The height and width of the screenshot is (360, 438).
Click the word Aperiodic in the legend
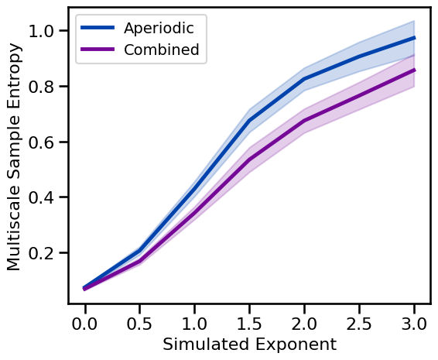pos(159,29)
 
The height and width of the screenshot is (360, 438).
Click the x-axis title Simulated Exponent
pos(249,345)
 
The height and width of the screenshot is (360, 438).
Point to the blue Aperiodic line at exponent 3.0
pos(414,38)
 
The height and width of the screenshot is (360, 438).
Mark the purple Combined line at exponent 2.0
pos(304,121)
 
